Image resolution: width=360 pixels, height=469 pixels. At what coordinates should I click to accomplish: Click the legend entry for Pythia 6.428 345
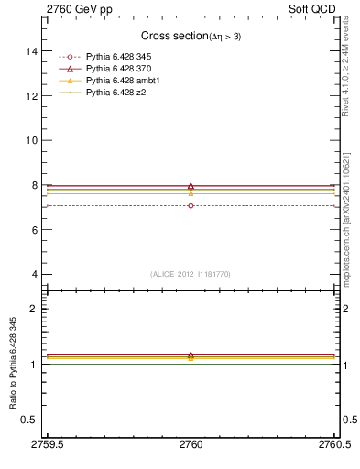(x=118, y=58)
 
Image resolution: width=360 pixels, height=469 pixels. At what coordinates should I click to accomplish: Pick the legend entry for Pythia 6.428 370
(x=118, y=69)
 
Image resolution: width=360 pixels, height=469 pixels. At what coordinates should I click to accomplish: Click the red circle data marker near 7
(x=191, y=206)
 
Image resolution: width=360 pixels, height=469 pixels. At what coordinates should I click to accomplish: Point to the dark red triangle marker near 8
(x=191, y=186)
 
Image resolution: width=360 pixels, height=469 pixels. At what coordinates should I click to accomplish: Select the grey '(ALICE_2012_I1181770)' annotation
(x=191, y=273)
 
